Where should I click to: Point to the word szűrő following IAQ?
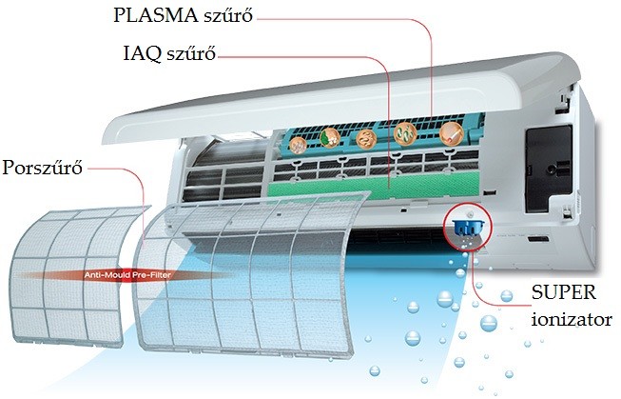[187, 55]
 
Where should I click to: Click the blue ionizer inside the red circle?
[464, 225]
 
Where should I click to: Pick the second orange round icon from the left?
[332, 138]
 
